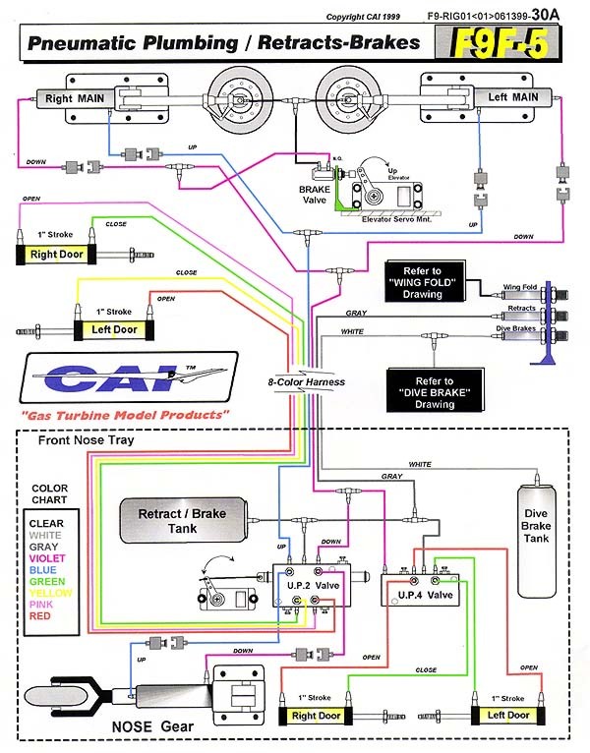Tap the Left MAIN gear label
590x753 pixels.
512,97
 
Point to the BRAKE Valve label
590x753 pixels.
318,194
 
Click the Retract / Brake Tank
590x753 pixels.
186,519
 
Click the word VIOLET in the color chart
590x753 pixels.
48,559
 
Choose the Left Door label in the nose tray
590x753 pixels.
507,716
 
